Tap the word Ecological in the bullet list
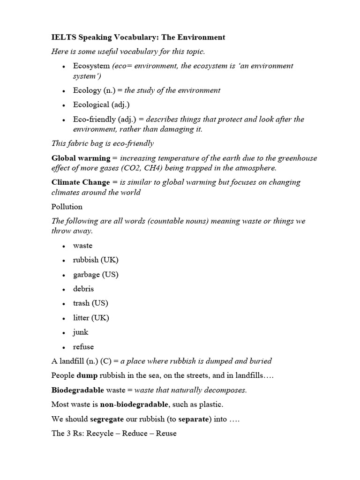(90, 105)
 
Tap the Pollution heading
(67, 206)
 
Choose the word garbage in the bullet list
(87, 275)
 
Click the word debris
(83, 289)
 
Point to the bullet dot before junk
(63, 333)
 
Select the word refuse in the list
(83, 347)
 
